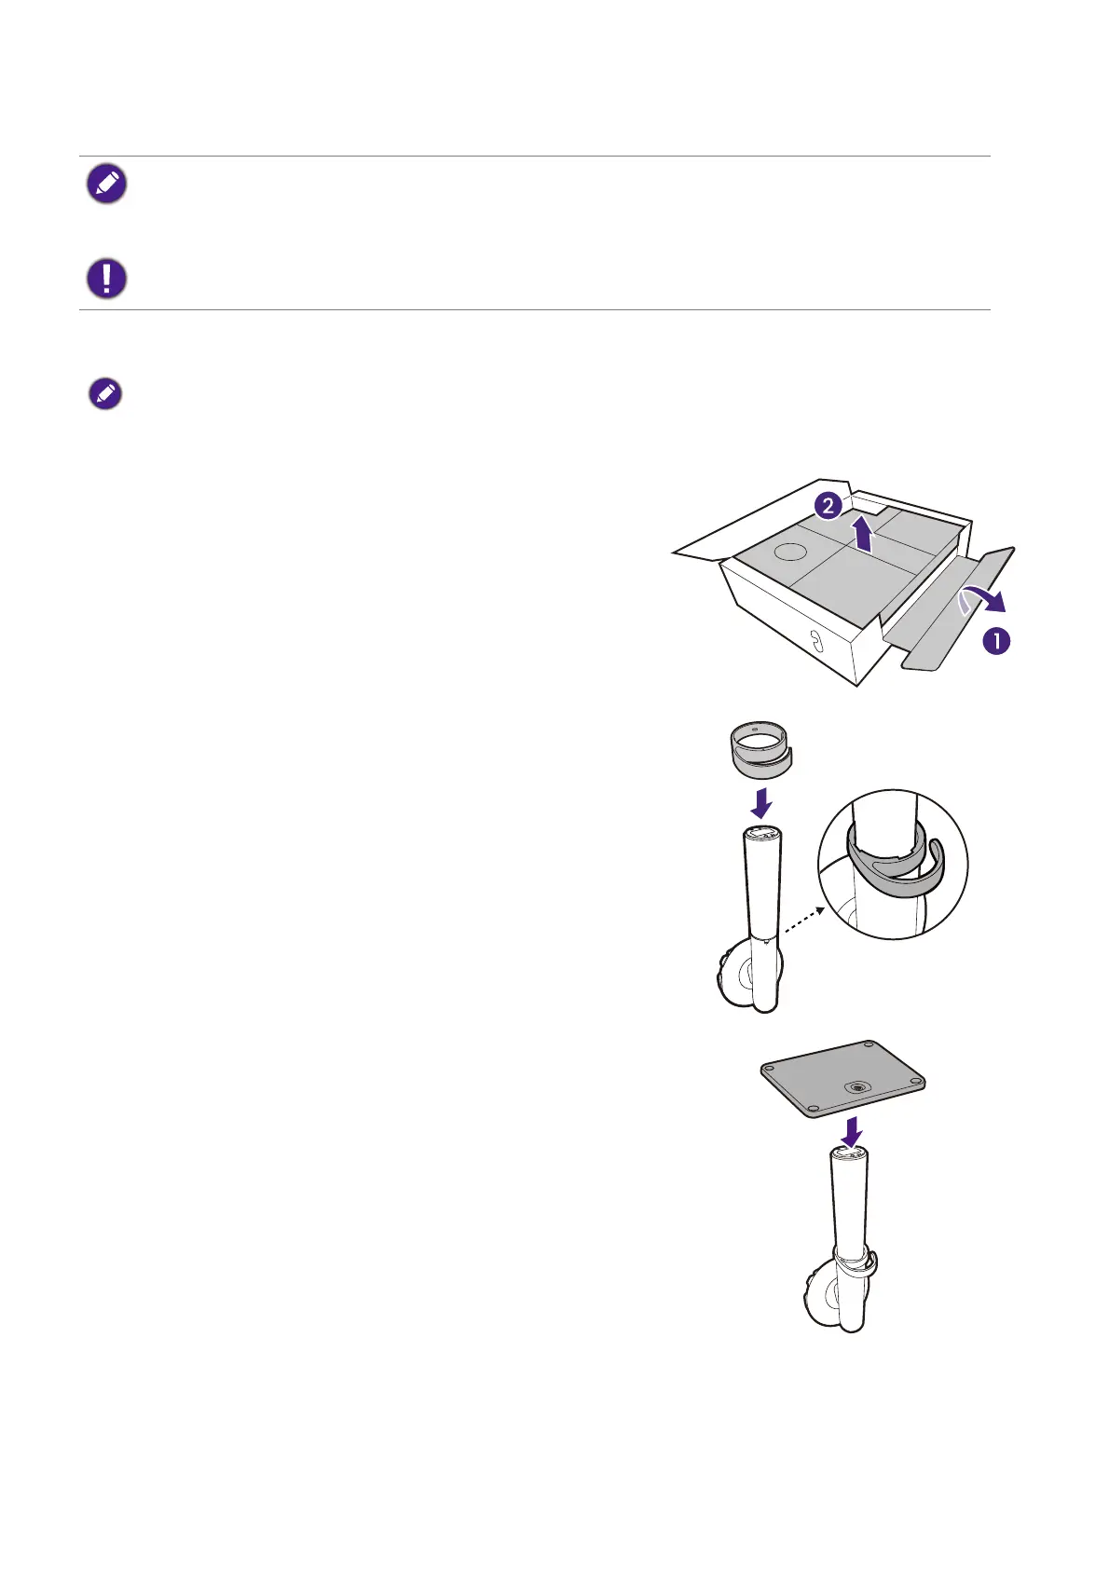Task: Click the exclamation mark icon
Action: tap(106, 279)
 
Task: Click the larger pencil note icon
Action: tap(106, 184)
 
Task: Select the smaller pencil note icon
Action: tap(106, 394)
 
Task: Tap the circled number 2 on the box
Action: tap(828, 506)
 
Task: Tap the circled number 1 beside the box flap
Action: tap(996, 641)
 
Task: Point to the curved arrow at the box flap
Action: tap(982, 601)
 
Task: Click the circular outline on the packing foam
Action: tap(791, 552)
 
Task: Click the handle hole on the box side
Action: tap(815, 640)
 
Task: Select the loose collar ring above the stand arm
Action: tap(760, 750)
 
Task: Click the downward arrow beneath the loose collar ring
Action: tap(760, 803)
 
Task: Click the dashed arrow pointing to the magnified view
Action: tap(803, 921)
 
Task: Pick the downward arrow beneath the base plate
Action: tap(852, 1131)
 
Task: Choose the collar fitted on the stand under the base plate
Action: tap(856, 1260)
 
